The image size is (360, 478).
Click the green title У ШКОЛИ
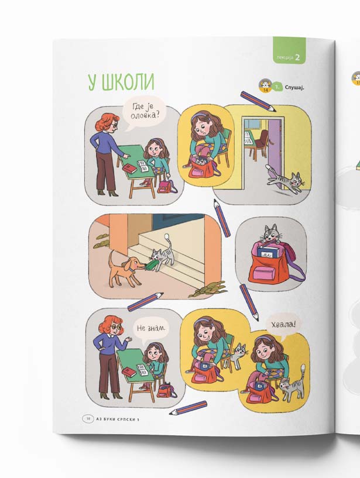click(121, 82)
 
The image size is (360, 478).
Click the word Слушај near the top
click(294, 87)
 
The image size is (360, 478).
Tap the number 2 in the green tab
click(297, 57)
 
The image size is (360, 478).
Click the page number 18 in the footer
click(88, 419)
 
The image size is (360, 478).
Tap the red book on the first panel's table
click(129, 168)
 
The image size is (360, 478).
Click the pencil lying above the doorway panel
click(258, 101)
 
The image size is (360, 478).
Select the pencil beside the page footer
click(188, 408)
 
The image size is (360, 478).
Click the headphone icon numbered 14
click(265, 85)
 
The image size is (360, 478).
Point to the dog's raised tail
click(111, 257)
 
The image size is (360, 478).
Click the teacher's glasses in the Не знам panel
click(116, 327)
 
